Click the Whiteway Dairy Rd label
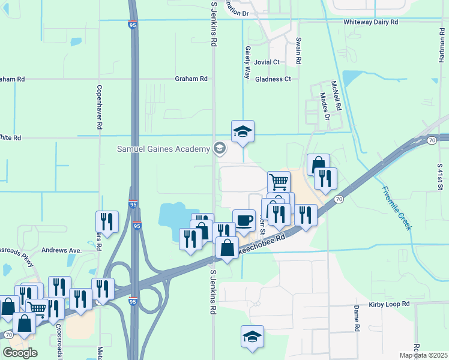pyautogui.click(x=370, y=22)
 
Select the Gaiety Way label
pyautogui.click(x=247, y=62)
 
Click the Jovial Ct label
pyautogui.click(x=267, y=62)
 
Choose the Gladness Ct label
pyautogui.click(x=273, y=79)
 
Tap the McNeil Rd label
pyautogui.click(x=338, y=95)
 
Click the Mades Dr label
pyautogui.click(x=325, y=106)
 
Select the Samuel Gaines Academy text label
pyautogui.click(x=163, y=149)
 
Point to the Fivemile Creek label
pyautogui.click(x=397, y=208)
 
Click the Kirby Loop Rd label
pyautogui.click(x=389, y=305)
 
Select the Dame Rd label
pyautogui.click(x=356, y=319)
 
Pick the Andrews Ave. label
pyautogui.click(x=61, y=250)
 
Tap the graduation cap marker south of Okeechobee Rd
pyautogui.click(x=252, y=336)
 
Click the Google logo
pyautogui.click(x=20, y=352)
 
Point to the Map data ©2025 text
pyautogui.click(x=423, y=355)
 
